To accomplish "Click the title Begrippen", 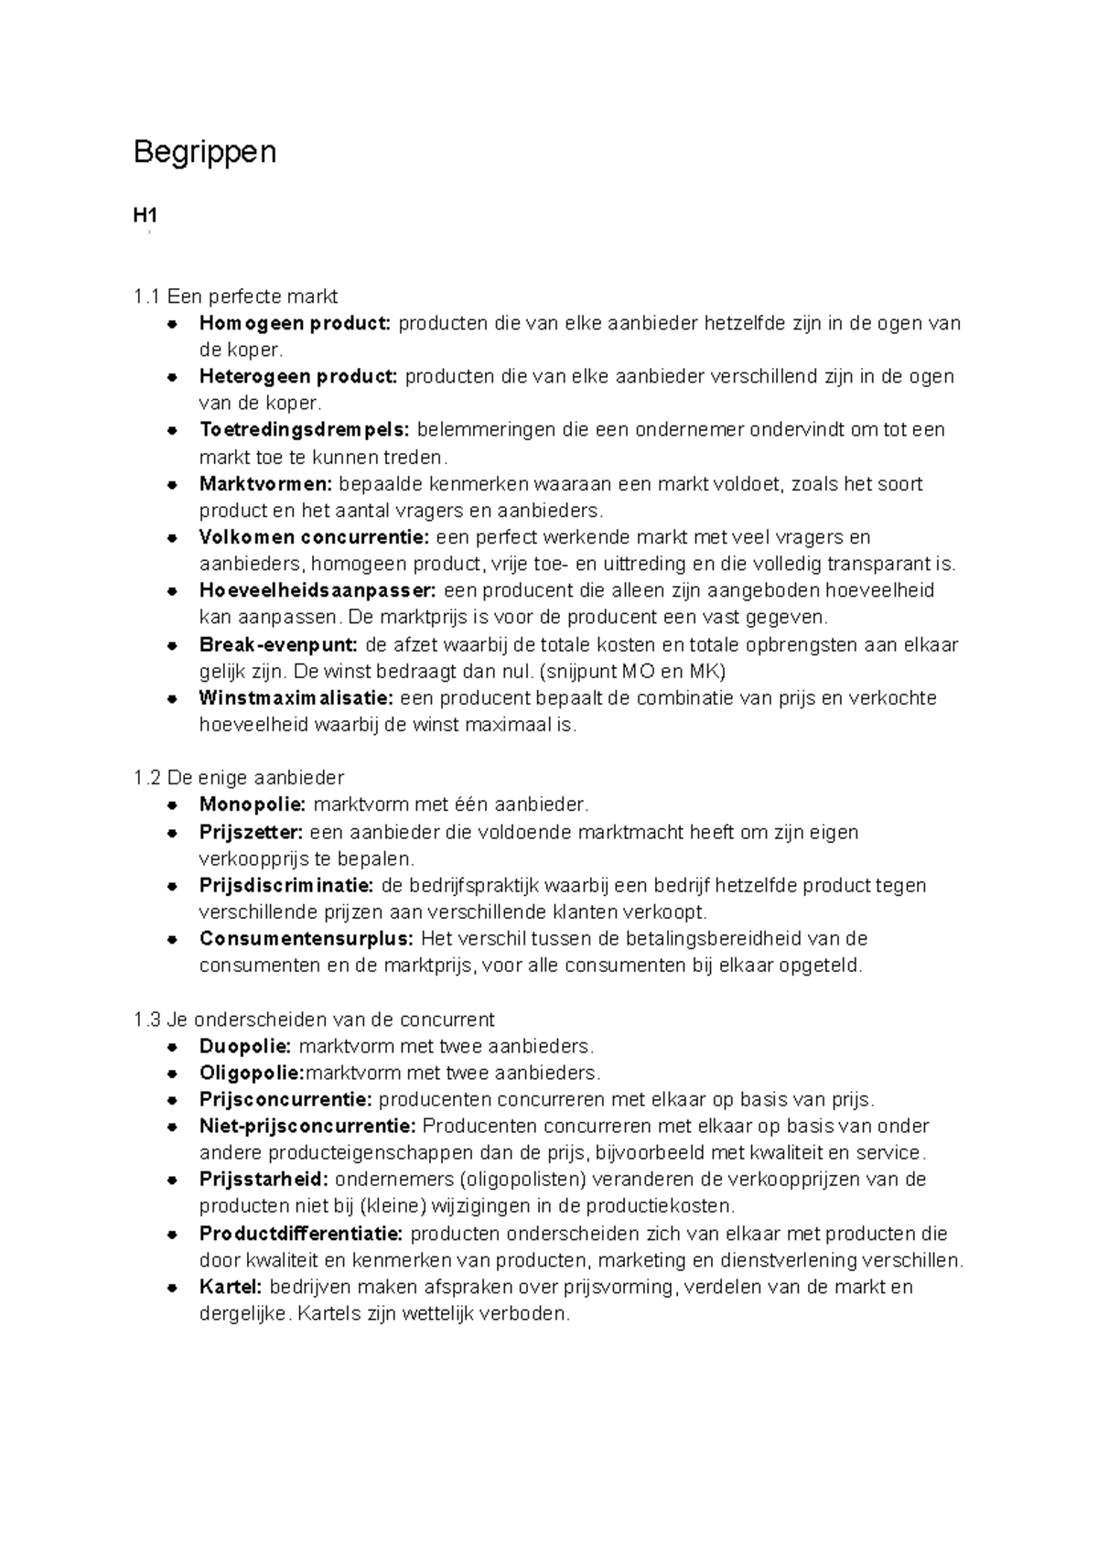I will tap(204, 152).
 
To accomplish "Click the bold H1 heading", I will tap(145, 216).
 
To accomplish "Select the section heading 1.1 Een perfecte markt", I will tap(235, 297).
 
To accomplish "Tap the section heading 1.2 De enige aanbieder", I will tap(238, 778).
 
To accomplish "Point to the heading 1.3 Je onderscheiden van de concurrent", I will tap(313, 1020).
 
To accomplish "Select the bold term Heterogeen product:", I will tap(298, 376).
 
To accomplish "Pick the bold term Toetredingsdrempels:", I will tap(305, 430).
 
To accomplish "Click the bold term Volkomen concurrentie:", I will tap(314, 537).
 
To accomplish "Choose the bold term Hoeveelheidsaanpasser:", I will tap(318, 590).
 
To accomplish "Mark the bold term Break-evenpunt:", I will tap(279, 644).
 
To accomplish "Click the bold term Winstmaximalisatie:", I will tap(296, 697).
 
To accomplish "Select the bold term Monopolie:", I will tap(253, 804).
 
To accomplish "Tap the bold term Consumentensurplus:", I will tap(307, 939).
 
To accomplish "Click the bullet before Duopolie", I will tap(171, 1046).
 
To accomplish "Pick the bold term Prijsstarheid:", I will tap(264, 1180).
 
